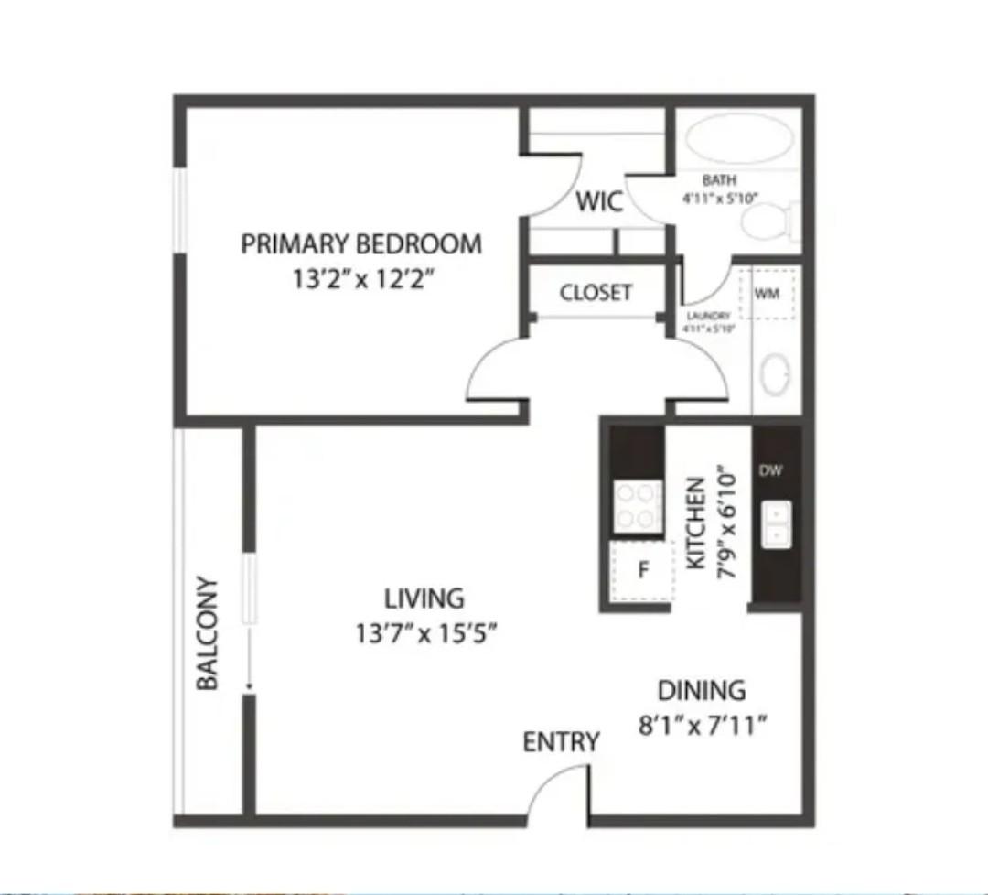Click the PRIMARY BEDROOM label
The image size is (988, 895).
click(361, 244)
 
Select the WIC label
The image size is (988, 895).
click(599, 201)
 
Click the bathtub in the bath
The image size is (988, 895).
click(739, 139)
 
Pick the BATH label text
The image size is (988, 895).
click(719, 180)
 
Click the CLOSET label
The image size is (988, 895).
click(596, 293)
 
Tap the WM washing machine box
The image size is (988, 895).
click(767, 294)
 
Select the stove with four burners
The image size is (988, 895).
click(638, 506)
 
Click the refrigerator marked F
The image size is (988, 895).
click(642, 570)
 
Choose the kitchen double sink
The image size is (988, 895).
click(777, 524)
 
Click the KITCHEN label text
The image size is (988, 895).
click(696, 523)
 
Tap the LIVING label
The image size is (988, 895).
click(424, 598)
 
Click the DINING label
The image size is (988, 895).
click(702, 690)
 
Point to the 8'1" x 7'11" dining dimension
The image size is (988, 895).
click(702, 726)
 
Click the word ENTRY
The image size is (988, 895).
click(561, 742)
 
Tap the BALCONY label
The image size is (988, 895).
click(209, 632)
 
